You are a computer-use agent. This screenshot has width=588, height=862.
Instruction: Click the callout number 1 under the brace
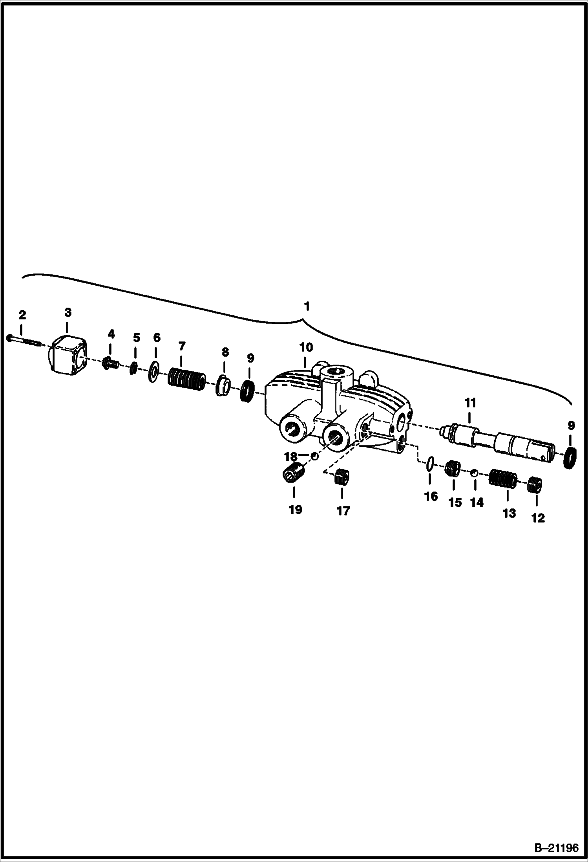(307, 306)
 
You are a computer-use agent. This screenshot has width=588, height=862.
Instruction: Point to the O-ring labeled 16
(430, 463)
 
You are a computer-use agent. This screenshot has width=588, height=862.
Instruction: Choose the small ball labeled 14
(475, 472)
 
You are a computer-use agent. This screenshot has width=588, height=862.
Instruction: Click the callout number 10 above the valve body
(306, 348)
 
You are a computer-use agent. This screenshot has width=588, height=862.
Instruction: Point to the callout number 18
(291, 457)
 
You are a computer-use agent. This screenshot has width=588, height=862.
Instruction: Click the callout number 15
(455, 503)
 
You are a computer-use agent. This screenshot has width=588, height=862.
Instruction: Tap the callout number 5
(136, 337)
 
